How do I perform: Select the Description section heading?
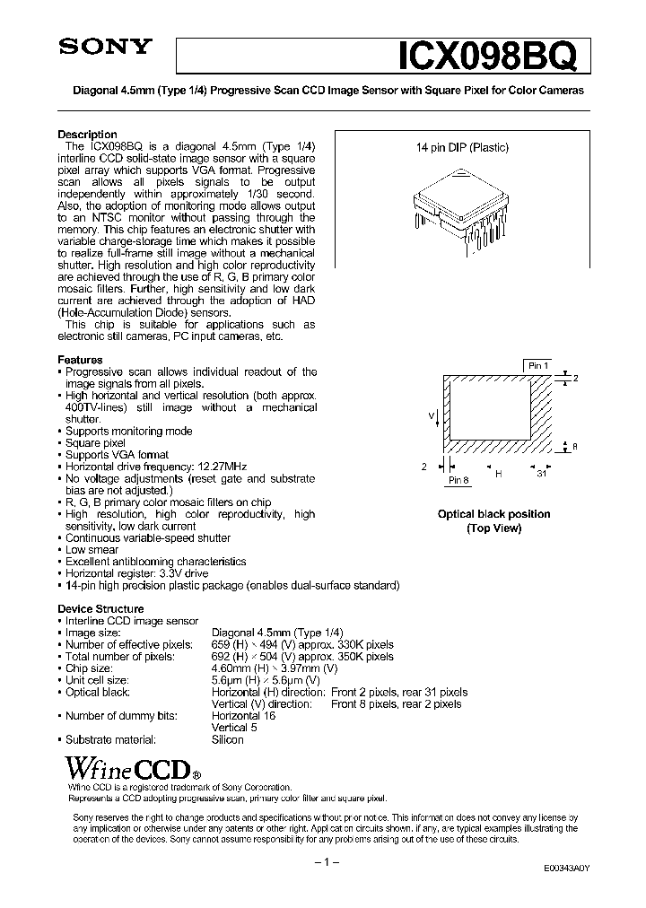click(x=87, y=135)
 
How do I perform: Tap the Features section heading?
click(x=80, y=360)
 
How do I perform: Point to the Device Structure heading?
click(x=100, y=609)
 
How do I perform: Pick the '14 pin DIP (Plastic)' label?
click(x=461, y=147)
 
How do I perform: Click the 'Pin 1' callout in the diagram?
click(x=537, y=365)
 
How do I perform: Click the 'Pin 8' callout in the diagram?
click(x=458, y=481)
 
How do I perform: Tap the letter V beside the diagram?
click(x=432, y=416)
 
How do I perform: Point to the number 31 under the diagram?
click(x=541, y=476)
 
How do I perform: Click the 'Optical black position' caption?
click(x=493, y=514)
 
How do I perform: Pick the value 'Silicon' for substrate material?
click(x=227, y=739)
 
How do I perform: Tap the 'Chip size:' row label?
click(x=91, y=668)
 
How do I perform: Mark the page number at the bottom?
click(x=323, y=862)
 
